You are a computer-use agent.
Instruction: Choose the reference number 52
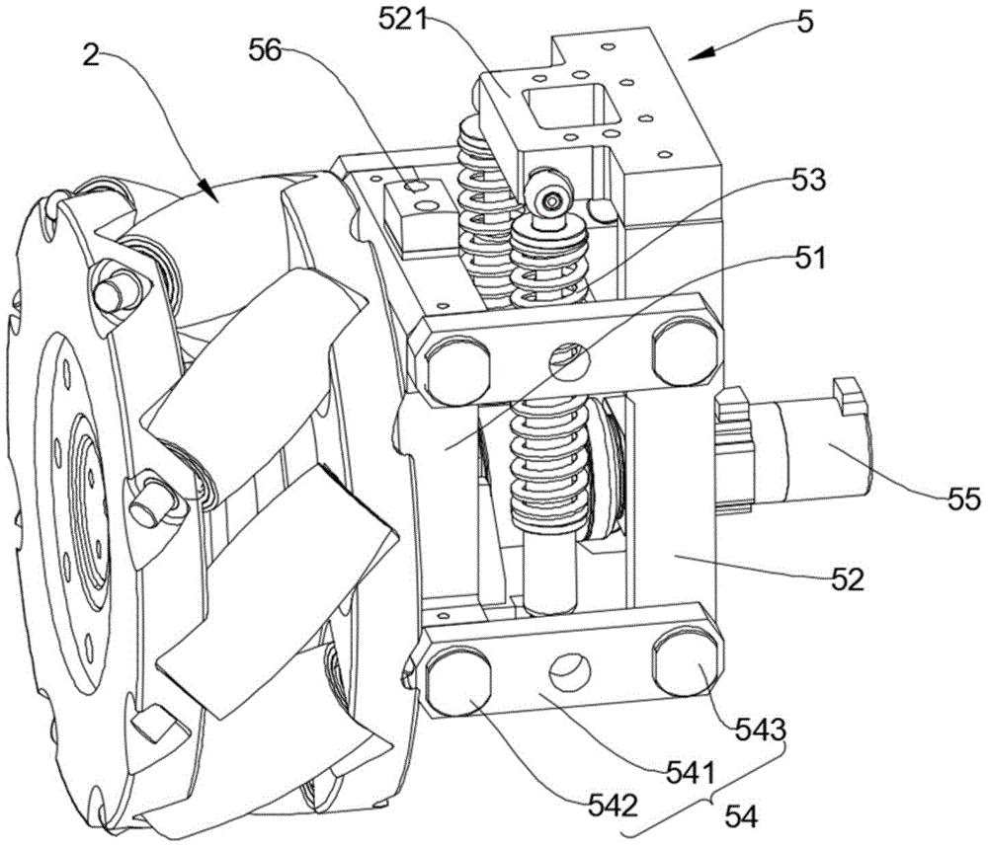(848, 578)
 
